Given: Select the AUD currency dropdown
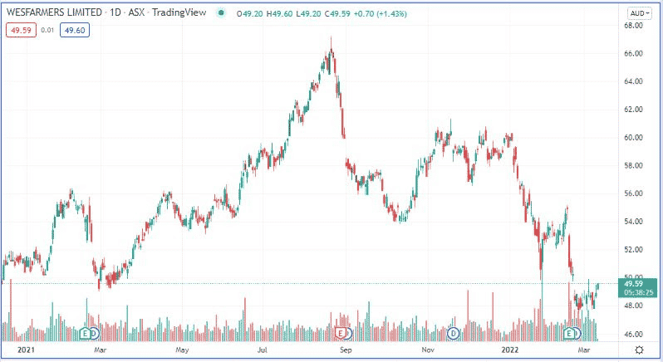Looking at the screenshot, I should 638,13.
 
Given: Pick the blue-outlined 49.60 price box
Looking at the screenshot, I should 74,30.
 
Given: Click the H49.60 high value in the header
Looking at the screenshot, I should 273,13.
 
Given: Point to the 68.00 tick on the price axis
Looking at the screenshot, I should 635,26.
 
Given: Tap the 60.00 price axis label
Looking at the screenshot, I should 635,138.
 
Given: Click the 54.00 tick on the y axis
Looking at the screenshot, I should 635,222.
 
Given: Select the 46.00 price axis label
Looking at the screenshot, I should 635,334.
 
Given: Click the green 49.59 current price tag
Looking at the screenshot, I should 635,284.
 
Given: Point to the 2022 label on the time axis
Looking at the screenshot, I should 509,351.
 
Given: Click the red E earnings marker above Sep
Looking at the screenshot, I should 341,333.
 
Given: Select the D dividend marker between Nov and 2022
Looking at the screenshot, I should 454,333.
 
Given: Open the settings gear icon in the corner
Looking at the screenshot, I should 638,351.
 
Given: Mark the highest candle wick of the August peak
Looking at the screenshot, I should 331,38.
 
